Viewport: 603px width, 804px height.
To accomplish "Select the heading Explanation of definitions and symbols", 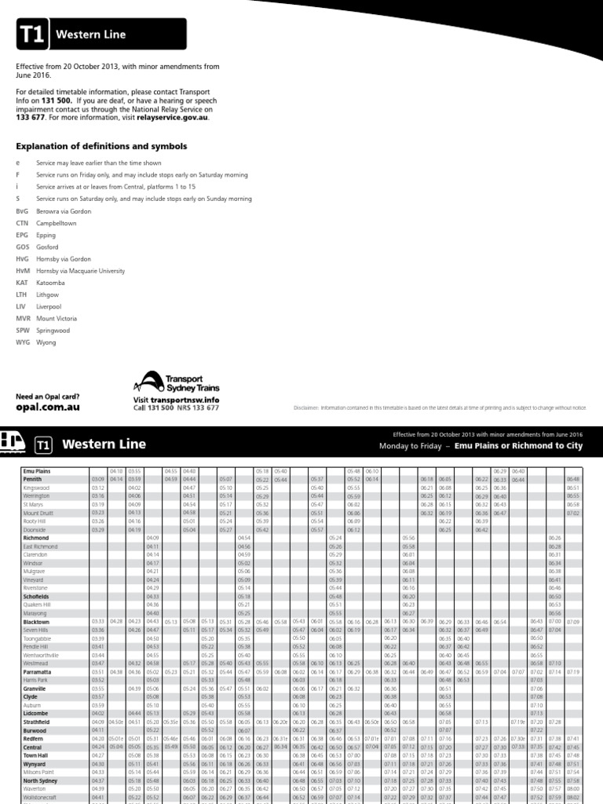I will [x=101, y=146].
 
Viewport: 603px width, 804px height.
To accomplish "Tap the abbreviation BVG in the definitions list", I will [x=22, y=212].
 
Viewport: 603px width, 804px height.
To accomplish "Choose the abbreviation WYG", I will [x=22, y=343].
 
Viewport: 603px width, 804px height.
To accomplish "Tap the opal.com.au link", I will [x=48, y=407].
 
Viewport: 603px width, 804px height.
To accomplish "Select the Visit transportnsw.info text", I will [x=176, y=400].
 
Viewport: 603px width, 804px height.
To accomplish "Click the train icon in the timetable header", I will [x=13, y=443].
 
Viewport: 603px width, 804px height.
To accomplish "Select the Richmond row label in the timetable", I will [x=35, y=538].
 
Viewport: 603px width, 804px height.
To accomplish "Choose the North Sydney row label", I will [x=39, y=781].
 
